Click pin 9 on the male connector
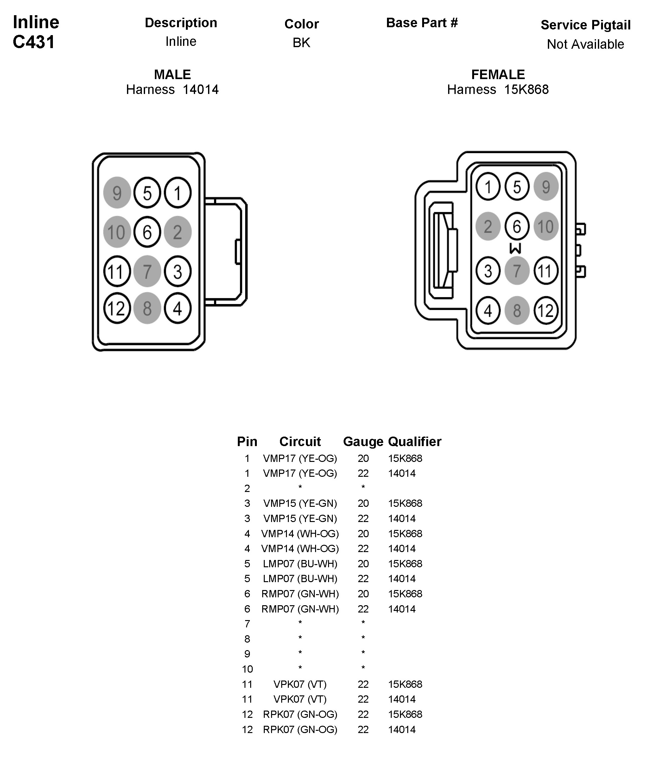point(117,193)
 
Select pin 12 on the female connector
point(546,311)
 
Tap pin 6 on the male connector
point(147,232)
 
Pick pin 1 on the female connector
point(488,187)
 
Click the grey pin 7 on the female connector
point(517,271)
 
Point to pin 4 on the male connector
point(178,308)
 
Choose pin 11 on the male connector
point(117,271)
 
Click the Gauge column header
point(363,442)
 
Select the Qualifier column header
point(414,442)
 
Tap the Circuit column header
point(300,442)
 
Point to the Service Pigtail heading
point(585,25)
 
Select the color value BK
point(301,43)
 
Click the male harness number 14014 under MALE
point(201,90)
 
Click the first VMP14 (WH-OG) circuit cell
point(300,534)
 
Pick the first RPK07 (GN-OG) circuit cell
point(300,714)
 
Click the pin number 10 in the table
point(247,669)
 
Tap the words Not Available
point(585,44)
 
